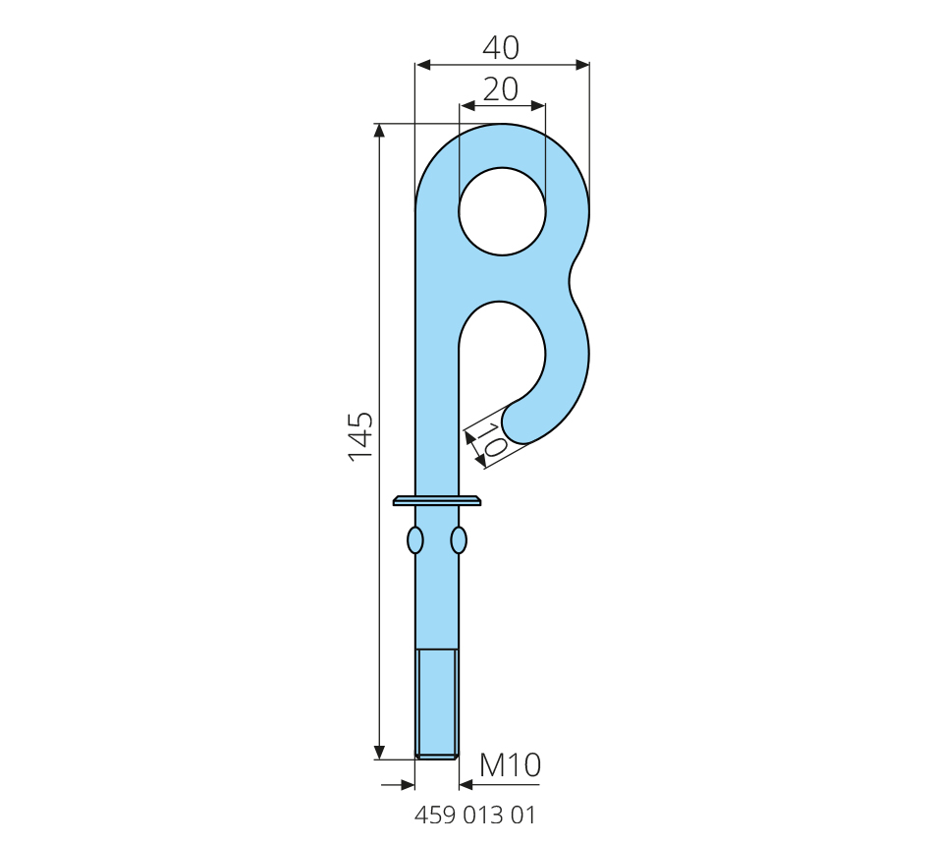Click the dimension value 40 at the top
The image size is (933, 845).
tap(501, 47)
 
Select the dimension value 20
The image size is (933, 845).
tap(501, 89)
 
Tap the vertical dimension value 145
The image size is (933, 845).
tap(360, 436)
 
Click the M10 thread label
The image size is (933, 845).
tap(510, 765)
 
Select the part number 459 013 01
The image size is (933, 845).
tap(474, 815)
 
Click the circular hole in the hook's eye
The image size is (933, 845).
tap(502, 211)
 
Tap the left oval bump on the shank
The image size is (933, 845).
tap(414, 540)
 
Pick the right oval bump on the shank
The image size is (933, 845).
tap(459, 540)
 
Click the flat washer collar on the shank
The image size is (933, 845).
tap(437, 500)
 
